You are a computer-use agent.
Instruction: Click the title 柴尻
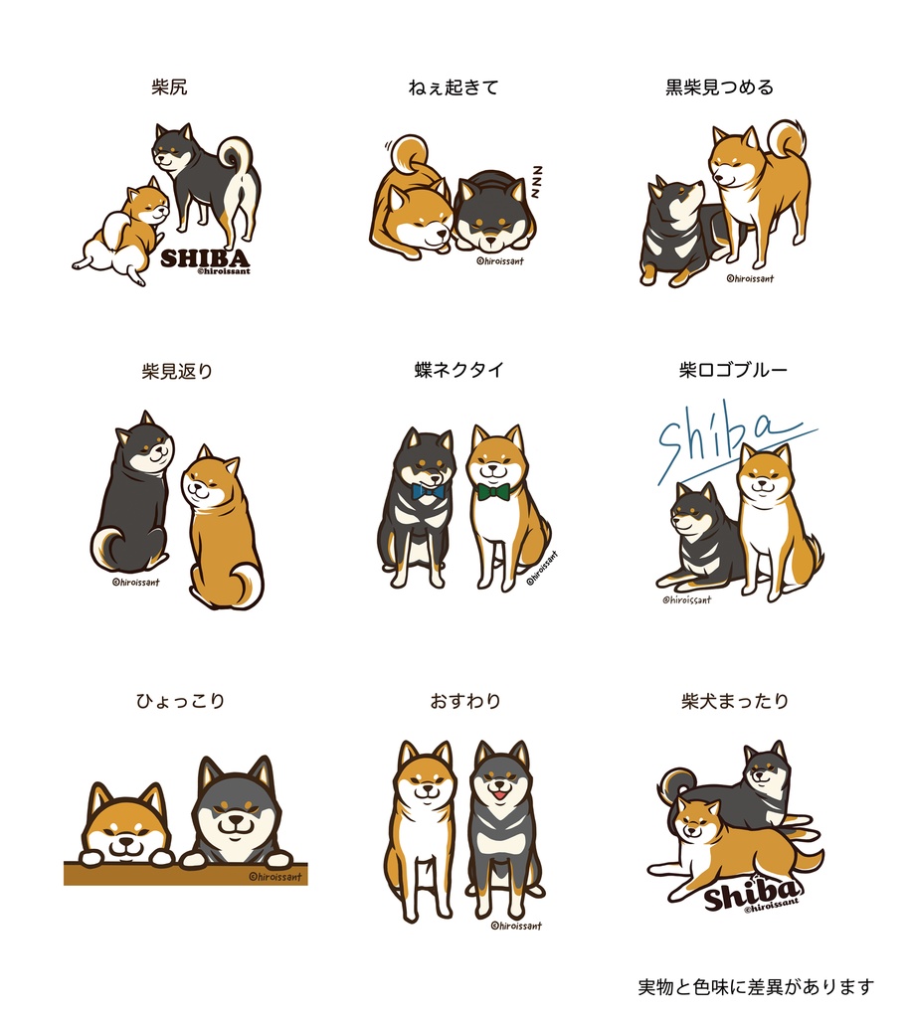click(x=169, y=87)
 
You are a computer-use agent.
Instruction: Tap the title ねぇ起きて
click(x=453, y=87)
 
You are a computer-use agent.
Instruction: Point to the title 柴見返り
click(x=177, y=372)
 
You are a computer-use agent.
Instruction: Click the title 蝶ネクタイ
click(x=458, y=370)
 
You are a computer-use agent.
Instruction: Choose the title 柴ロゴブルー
click(x=733, y=370)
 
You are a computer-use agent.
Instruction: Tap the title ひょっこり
click(x=180, y=701)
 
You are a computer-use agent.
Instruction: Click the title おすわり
click(x=465, y=701)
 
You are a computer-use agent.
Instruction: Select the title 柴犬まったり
click(x=735, y=701)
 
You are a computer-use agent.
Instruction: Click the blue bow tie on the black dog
click(x=428, y=491)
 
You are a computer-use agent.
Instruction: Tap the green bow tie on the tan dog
click(x=493, y=491)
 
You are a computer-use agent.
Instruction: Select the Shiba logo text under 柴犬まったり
click(x=751, y=894)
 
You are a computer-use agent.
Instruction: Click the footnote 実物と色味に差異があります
click(x=756, y=987)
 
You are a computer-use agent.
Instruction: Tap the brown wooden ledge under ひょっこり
click(x=185, y=874)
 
